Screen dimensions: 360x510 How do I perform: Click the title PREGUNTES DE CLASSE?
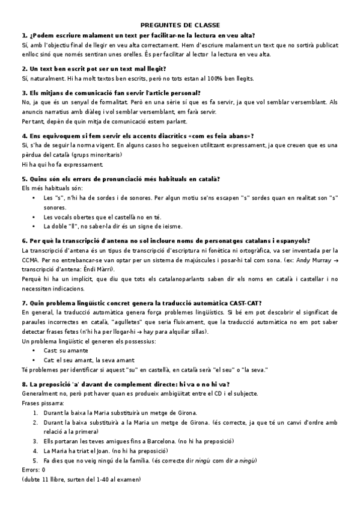(180, 25)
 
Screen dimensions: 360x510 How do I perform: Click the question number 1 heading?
(138, 36)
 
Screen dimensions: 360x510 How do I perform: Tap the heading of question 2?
(94, 69)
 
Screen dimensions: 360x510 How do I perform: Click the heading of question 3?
(111, 93)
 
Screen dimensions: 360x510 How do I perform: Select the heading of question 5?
(120, 179)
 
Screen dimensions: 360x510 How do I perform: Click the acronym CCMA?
(31, 259)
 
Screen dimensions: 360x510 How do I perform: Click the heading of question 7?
(141, 303)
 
